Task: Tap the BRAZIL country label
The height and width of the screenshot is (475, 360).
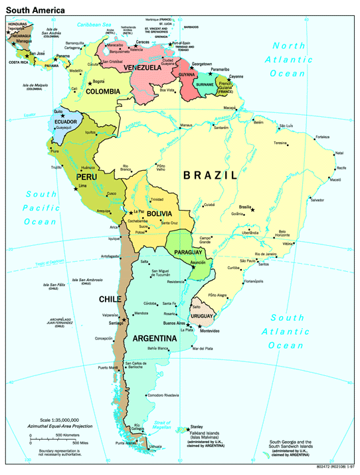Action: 210,175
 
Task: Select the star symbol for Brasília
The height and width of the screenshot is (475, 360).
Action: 252,210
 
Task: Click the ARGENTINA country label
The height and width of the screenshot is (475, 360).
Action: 154,339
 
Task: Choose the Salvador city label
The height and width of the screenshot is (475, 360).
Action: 317,200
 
